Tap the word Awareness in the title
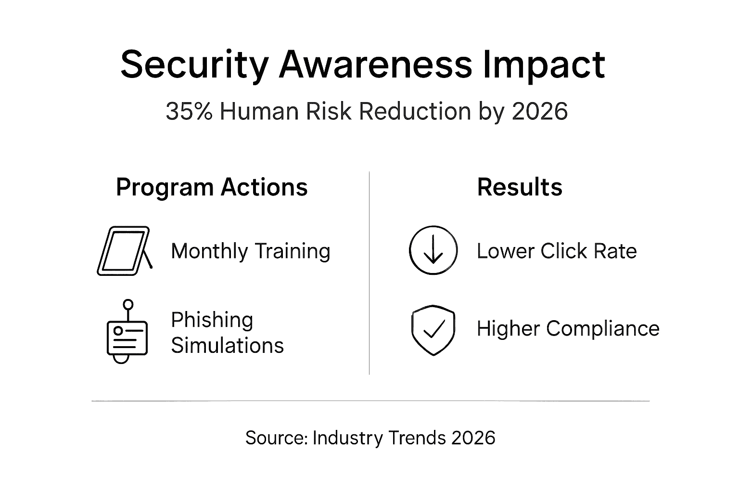tap(376, 65)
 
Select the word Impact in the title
tap(543, 65)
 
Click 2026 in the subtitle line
tap(540, 111)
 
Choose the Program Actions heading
tap(212, 187)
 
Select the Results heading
tap(520, 187)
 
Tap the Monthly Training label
tap(251, 251)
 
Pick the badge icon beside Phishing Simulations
tap(127, 332)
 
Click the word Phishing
tap(212, 320)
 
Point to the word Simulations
tap(228, 346)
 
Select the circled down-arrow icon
tap(433, 250)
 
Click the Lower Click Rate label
tap(557, 251)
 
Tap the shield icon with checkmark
tap(433, 330)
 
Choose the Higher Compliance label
tap(568, 329)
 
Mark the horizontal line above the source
tap(370, 401)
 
